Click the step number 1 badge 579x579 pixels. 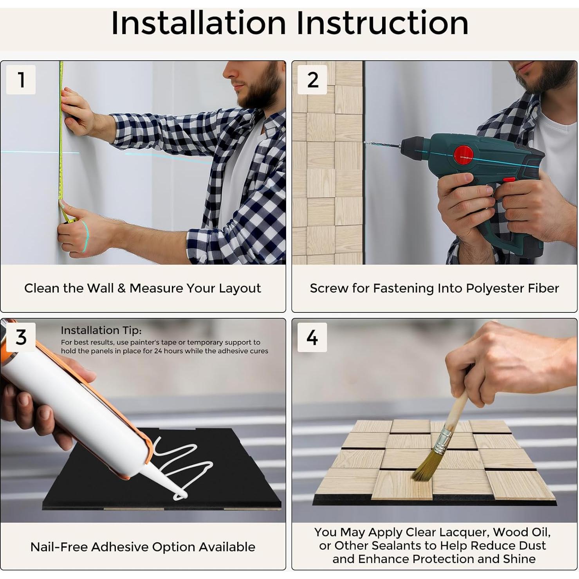[21, 79]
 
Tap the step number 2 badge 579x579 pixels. [312, 79]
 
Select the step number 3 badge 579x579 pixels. [21, 337]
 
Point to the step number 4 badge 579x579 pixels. [312, 337]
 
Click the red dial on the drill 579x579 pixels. [464, 155]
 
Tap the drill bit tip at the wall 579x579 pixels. [365, 143]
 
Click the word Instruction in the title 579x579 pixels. [382, 23]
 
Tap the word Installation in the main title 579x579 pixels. [198, 23]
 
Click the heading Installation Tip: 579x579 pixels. [101, 330]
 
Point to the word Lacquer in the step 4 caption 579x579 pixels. [464, 532]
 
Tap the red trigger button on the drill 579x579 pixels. [509, 180]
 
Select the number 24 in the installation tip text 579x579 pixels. [158, 351]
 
